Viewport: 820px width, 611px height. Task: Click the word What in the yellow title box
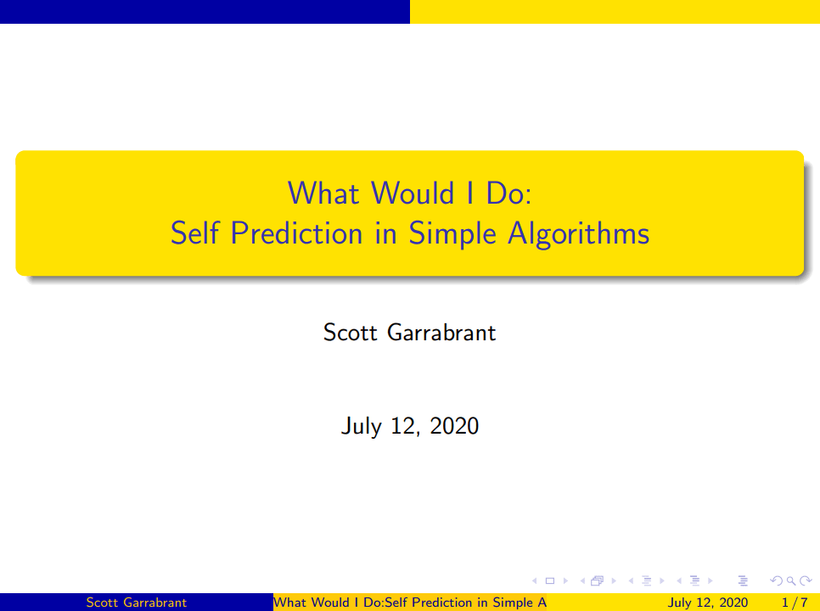pyautogui.click(x=323, y=193)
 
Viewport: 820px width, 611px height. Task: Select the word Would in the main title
pyautogui.click(x=413, y=193)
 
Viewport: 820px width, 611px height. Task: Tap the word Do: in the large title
pyautogui.click(x=508, y=193)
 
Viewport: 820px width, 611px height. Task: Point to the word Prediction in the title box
pyautogui.click(x=296, y=233)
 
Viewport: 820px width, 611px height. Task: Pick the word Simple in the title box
pyautogui.click(x=452, y=233)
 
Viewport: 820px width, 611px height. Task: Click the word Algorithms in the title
pyautogui.click(x=578, y=233)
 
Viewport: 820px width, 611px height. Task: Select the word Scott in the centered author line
pyautogui.click(x=350, y=333)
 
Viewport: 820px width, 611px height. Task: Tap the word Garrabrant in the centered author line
pyautogui.click(x=441, y=333)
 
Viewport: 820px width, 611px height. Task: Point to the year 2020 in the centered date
pyautogui.click(x=454, y=426)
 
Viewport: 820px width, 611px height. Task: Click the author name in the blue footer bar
pyautogui.click(x=136, y=603)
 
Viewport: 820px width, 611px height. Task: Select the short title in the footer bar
pyautogui.click(x=409, y=603)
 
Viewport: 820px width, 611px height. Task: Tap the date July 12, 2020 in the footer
pyautogui.click(x=707, y=603)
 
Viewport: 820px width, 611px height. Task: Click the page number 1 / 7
pyautogui.click(x=795, y=603)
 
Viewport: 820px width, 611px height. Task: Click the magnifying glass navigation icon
pyautogui.click(x=791, y=580)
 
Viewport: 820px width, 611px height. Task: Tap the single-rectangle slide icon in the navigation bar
pyautogui.click(x=549, y=580)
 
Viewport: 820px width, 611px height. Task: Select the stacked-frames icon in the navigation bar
pyautogui.click(x=598, y=580)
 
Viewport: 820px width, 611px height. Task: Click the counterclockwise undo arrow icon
pyautogui.click(x=777, y=580)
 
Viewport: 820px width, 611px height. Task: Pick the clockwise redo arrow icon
pyautogui.click(x=806, y=580)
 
